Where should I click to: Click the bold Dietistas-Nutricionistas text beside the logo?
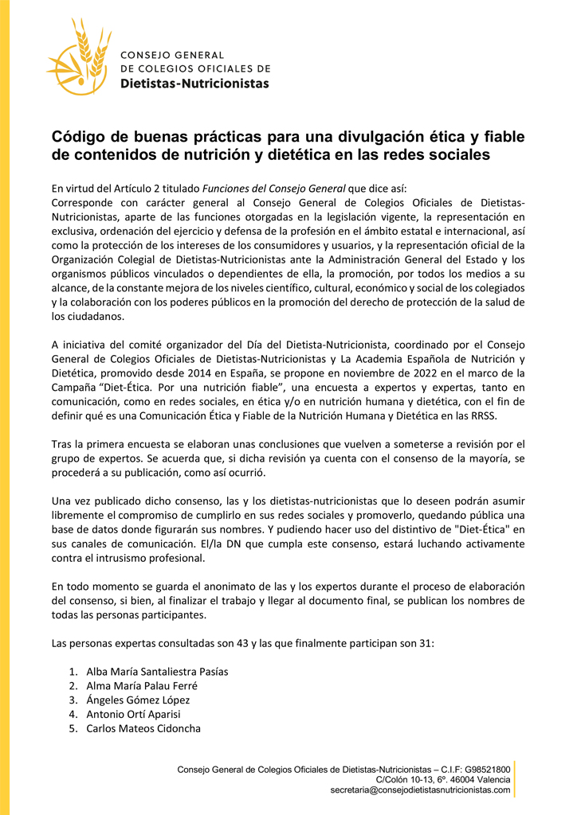click(x=194, y=83)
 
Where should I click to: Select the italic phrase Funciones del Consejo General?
click(x=274, y=189)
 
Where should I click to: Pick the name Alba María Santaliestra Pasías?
click(x=157, y=671)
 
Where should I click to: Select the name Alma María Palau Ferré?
click(x=142, y=685)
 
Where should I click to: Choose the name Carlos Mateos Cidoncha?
click(x=143, y=728)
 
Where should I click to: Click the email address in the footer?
click(x=420, y=790)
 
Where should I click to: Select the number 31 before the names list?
click(x=426, y=642)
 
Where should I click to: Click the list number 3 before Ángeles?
click(x=72, y=700)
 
